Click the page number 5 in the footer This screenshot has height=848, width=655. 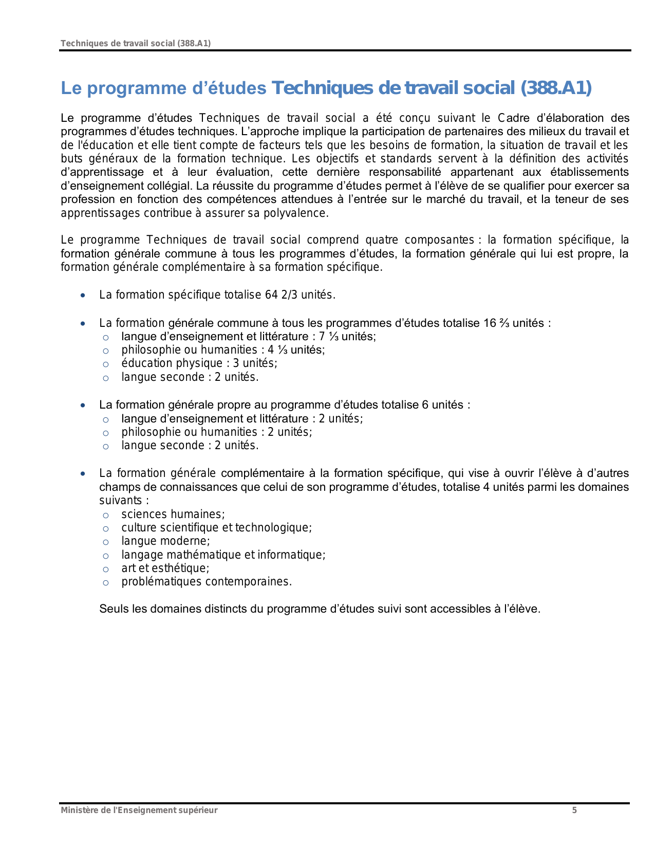coord(574,810)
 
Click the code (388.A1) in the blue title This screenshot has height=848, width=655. coord(556,88)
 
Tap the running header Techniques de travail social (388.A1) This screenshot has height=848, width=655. coord(136,43)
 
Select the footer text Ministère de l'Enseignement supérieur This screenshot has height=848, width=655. coord(139,810)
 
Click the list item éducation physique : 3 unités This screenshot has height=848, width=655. coord(199,363)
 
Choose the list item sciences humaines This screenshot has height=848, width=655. coord(173,514)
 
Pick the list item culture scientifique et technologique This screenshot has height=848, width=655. coord(216,528)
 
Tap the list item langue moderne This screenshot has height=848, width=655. coord(165,541)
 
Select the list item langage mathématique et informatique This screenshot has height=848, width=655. coord(223,555)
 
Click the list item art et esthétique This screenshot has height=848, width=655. coord(165,568)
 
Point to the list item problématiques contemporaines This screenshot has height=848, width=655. coord(207,582)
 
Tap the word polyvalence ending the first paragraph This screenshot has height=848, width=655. coord(295,213)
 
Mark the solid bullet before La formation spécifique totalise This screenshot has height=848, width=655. coord(83,296)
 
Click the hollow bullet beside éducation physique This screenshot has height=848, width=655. coord(106,364)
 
